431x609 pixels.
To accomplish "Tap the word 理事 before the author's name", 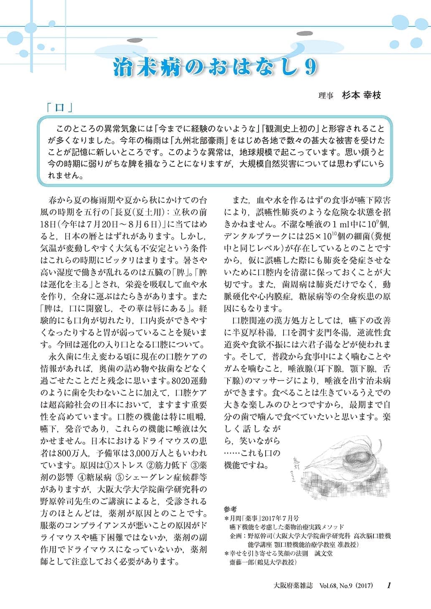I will tap(326, 96).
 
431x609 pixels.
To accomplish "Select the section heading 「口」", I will tap(60, 107).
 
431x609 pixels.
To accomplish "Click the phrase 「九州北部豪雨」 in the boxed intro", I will tap(195, 140).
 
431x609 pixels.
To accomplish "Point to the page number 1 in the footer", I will tap(389, 585).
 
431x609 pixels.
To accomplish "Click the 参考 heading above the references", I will tap(230, 510).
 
